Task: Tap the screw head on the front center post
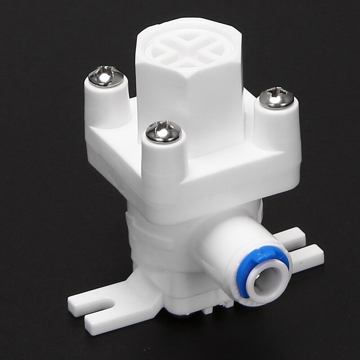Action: point(163,132)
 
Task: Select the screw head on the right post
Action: point(277,98)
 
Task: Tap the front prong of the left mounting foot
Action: point(108,315)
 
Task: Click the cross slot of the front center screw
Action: point(163,130)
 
